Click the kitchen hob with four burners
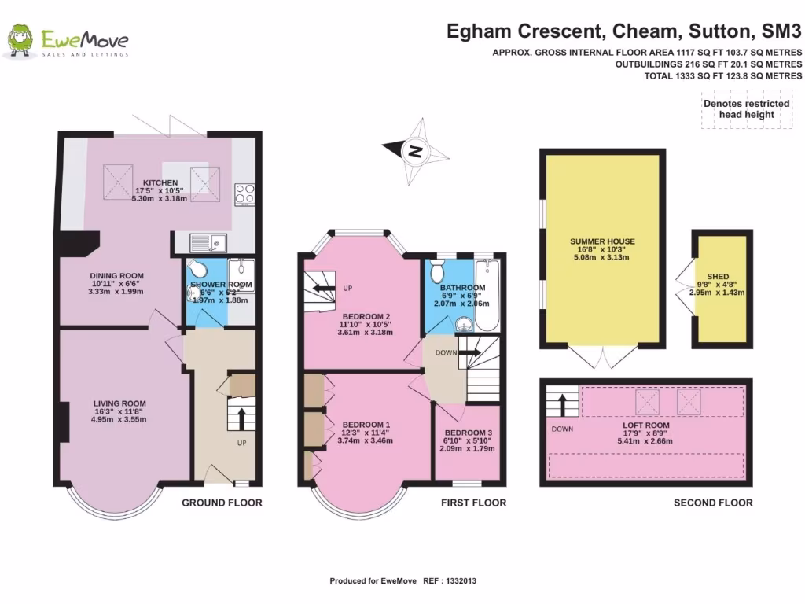(x=244, y=193)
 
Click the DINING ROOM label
(x=116, y=276)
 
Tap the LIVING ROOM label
(x=118, y=403)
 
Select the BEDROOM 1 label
(x=366, y=425)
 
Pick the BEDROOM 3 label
(x=469, y=433)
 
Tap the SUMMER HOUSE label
(x=602, y=241)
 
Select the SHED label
(x=718, y=277)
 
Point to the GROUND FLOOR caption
(x=222, y=503)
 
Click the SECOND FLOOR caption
(x=712, y=503)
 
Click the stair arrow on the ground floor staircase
(x=241, y=415)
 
